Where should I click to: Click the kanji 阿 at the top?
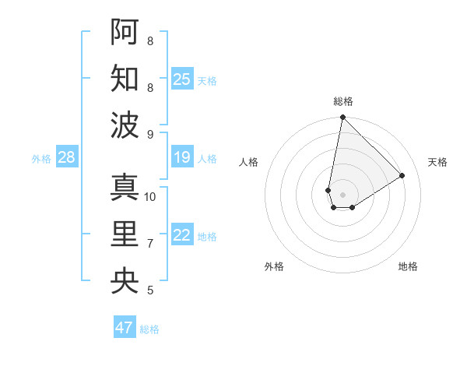coord(125,32)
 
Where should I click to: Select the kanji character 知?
coord(125,78)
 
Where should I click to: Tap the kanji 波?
coord(125,125)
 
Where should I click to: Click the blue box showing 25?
coord(182,79)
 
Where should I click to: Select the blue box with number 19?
coord(182,158)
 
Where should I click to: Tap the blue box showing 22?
coord(182,236)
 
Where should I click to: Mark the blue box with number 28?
coord(67,158)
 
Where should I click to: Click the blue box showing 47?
coord(125,328)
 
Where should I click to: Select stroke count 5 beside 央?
coord(150,290)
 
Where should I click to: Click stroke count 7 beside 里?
coord(150,244)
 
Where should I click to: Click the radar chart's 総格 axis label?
coord(342,101)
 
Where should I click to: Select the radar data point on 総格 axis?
coord(342,118)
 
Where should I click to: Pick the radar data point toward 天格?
coord(402,176)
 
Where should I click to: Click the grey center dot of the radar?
coord(342,193)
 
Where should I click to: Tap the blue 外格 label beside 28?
coord(41,159)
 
